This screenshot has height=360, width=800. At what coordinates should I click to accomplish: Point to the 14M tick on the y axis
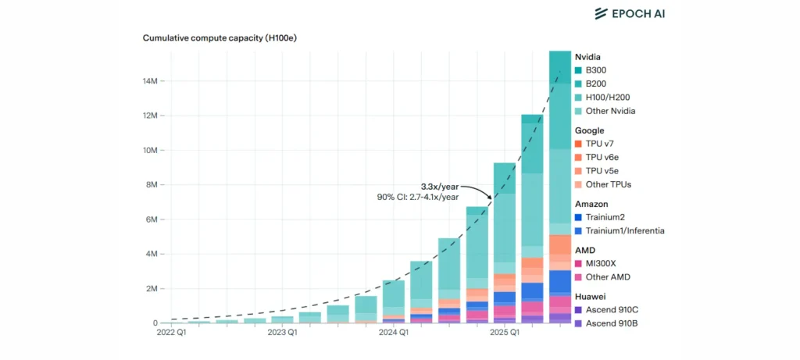pyautogui.click(x=151, y=81)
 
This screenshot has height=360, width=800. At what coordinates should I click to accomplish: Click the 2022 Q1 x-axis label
pyautogui.click(x=172, y=333)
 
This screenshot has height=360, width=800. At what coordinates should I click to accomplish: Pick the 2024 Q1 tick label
pyautogui.click(x=393, y=333)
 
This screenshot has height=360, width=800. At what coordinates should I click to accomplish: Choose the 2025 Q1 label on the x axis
pyautogui.click(x=504, y=333)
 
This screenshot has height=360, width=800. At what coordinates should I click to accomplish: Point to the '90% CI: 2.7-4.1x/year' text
pyautogui.click(x=418, y=198)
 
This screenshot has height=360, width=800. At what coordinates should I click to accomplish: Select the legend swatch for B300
pyautogui.click(x=579, y=70)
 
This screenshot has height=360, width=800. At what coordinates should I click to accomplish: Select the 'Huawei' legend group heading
pyautogui.click(x=592, y=297)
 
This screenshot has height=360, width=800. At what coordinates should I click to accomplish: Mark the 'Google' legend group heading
pyautogui.click(x=591, y=130)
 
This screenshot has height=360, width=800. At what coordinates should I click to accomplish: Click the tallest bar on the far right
pyautogui.click(x=560, y=187)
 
